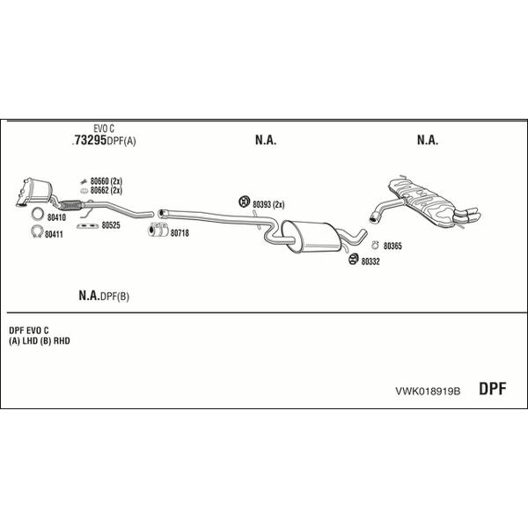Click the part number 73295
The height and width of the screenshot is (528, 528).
[91, 140]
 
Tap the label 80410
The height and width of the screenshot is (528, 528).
[56, 217]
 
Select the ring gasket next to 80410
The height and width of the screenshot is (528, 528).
[38, 214]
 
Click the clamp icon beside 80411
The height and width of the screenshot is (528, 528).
[37, 231]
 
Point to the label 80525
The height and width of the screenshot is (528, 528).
[111, 225]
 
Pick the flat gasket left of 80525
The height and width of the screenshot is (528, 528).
[86, 226]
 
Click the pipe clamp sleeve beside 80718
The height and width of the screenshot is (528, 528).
[158, 230]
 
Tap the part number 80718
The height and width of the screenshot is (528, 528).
[180, 233]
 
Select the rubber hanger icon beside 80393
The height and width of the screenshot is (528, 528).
[244, 202]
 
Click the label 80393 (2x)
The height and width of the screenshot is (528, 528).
[268, 204]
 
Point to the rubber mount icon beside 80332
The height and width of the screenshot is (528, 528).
[354, 260]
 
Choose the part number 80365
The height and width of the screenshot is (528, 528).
[392, 246]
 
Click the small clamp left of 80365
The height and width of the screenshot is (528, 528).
[375, 246]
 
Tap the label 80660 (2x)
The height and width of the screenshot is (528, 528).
[106, 181]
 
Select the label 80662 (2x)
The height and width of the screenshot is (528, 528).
[106, 191]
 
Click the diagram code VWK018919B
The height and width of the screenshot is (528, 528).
[428, 392]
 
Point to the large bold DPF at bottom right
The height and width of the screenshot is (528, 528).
[492, 389]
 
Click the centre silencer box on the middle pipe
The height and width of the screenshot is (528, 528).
[311, 237]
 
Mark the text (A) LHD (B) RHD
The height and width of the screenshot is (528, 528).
[40, 341]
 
